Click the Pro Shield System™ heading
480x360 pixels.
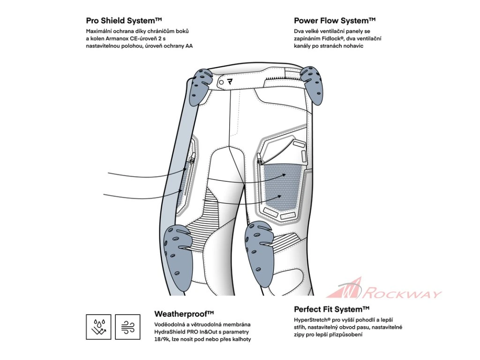(x=124, y=21)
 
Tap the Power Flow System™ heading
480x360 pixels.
(x=335, y=21)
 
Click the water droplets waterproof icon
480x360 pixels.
(x=98, y=327)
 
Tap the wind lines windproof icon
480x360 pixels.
(x=127, y=327)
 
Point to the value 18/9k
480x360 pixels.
(x=163, y=339)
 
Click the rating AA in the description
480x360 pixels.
(x=188, y=46)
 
